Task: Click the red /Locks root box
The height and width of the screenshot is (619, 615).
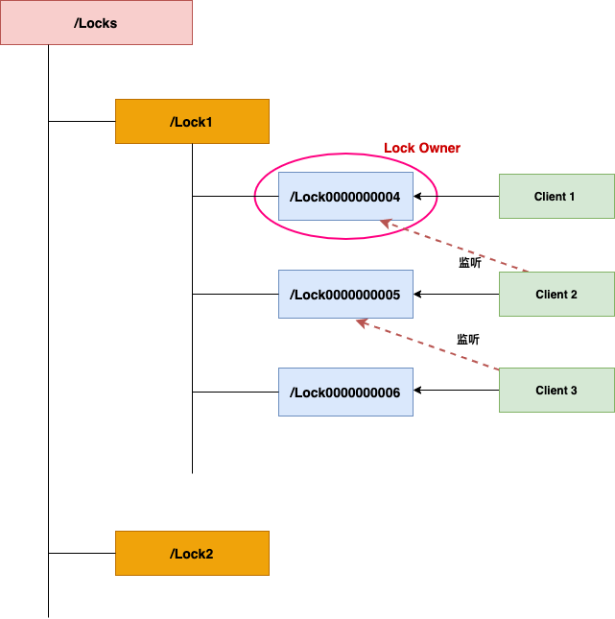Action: tap(96, 22)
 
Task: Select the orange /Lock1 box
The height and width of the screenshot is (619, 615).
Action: tap(192, 122)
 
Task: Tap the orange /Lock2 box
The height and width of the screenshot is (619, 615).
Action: tap(192, 553)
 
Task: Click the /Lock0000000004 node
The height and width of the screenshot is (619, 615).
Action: tap(345, 197)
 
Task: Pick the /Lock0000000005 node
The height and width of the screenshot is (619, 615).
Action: tap(345, 295)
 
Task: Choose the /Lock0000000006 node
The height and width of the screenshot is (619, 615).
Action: tap(345, 392)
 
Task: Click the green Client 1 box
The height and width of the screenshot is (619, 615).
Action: tap(556, 197)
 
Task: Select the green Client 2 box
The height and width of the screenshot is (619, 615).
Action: tap(556, 295)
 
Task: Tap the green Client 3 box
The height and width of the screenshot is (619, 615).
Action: tap(556, 391)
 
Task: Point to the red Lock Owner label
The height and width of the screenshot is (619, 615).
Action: tap(422, 148)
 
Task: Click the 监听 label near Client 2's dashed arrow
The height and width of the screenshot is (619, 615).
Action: tap(469, 262)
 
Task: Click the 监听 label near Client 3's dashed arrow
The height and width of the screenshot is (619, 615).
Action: tap(467, 339)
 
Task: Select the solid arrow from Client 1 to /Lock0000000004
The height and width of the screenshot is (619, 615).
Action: tap(457, 197)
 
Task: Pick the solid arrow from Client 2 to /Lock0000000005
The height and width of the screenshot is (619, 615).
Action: tap(457, 295)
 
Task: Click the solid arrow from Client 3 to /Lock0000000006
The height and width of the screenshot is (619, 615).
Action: tap(457, 391)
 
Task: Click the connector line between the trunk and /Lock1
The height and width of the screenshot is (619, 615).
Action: tap(82, 122)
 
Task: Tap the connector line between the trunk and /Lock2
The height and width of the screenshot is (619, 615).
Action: tap(82, 553)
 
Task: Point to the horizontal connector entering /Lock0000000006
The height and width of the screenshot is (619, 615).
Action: tap(235, 392)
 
